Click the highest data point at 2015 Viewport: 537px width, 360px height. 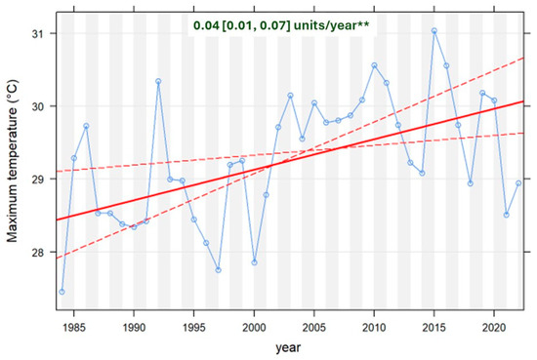point(434,30)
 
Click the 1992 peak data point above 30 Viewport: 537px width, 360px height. point(158,81)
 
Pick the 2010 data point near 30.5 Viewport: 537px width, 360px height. point(374,65)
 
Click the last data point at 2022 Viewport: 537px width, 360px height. point(518,183)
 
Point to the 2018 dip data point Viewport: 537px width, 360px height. point(471,183)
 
